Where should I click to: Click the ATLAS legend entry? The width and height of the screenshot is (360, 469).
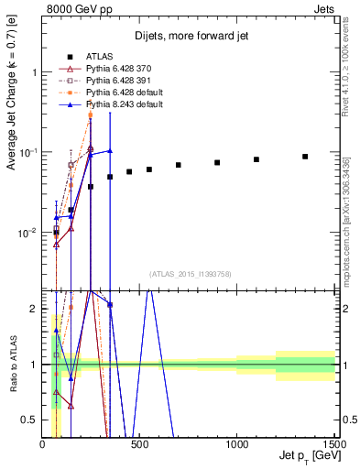click(x=102, y=54)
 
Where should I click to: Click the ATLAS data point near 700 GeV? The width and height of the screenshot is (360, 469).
click(x=179, y=165)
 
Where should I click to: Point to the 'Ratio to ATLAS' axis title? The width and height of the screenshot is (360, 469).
click(x=11, y=364)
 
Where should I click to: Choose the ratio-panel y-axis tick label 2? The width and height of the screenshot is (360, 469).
click(x=35, y=310)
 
